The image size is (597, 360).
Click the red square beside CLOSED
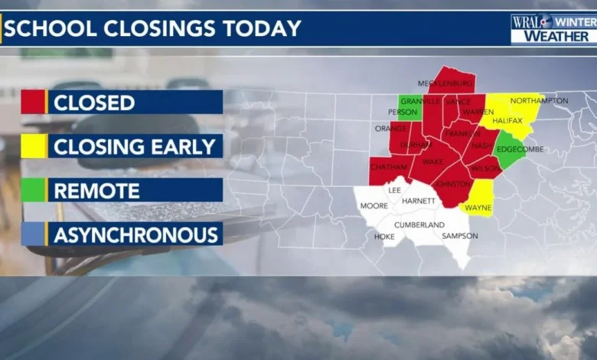point(33,102)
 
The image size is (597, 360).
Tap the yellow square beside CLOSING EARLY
point(33,146)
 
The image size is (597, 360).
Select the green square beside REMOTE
point(33,190)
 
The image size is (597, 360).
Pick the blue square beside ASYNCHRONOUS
point(33,234)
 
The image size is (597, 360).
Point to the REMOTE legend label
point(96,190)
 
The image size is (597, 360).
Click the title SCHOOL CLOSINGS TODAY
point(153,29)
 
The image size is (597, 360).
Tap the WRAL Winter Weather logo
point(553,28)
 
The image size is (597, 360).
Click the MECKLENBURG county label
point(447,83)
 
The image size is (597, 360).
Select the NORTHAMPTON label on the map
point(539,100)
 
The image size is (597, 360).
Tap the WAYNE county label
point(478,207)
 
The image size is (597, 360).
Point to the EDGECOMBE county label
point(520,149)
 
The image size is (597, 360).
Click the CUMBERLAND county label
point(419,224)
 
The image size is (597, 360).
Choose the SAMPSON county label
point(459,236)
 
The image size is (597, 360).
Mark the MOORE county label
point(374,206)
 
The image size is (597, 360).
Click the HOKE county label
point(384,237)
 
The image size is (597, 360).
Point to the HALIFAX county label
point(507,120)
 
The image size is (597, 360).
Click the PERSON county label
point(402,111)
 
